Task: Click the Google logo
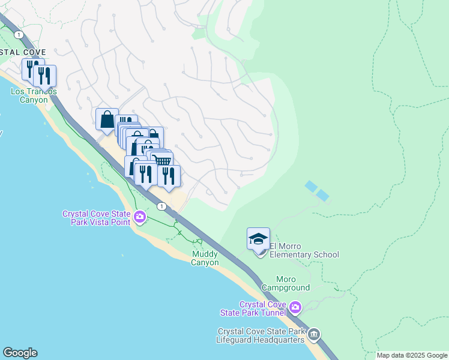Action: pyautogui.click(x=20, y=353)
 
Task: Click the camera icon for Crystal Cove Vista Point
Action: pyautogui.click(x=140, y=217)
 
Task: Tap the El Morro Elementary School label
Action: pyautogui.click(x=304, y=250)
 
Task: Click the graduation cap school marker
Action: pyautogui.click(x=259, y=239)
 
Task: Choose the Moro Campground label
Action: pyautogui.click(x=293, y=283)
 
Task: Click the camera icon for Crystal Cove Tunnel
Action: pyautogui.click(x=295, y=308)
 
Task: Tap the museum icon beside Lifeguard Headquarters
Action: pyautogui.click(x=314, y=334)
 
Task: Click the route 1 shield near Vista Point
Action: pyautogui.click(x=161, y=206)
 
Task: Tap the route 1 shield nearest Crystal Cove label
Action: pyautogui.click(x=20, y=35)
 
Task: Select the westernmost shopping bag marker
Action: pyautogui.click(x=107, y=119)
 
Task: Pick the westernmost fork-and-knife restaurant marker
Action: pyautogui.click(x=30, y=69)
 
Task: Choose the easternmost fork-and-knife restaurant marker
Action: pyautogui.click(x=169, y=176)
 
